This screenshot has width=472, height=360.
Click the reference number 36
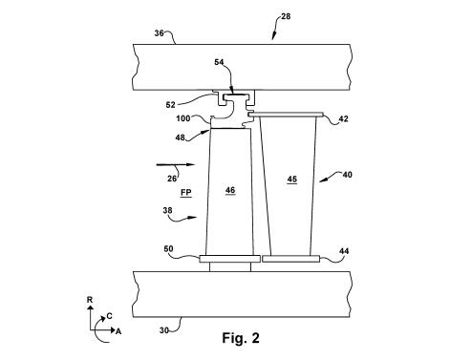coord(159,33)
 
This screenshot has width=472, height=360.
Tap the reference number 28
coord(286,16)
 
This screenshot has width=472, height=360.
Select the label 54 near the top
coord(219,62)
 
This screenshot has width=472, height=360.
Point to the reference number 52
coord(171,105)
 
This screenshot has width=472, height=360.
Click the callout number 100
coord(183,118)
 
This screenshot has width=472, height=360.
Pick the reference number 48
coord(180,138)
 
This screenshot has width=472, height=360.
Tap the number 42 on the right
coord(343,118)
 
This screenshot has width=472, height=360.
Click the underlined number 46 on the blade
coord(230,190)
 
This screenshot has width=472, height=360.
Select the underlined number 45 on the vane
coord(292,180)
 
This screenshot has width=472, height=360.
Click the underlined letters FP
coord(186,193)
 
